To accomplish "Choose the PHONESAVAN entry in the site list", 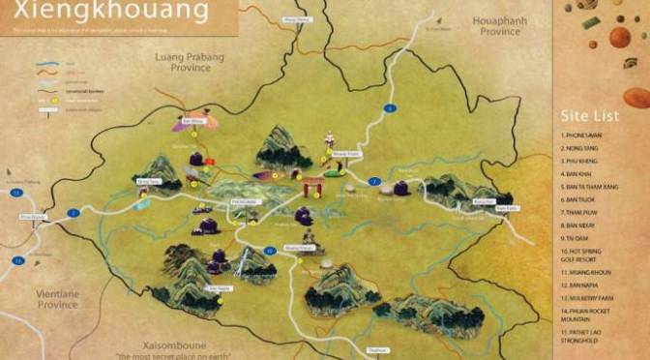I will tap(586, 135).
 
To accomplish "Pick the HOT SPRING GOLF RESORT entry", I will tap(588, 255).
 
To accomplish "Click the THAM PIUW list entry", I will tap(581, 211).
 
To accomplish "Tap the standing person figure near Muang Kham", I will tap(329, 139).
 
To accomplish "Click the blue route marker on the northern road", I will tap(390, 108).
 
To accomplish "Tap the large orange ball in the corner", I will tap(620, 37).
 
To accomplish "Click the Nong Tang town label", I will tap(148, 181).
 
